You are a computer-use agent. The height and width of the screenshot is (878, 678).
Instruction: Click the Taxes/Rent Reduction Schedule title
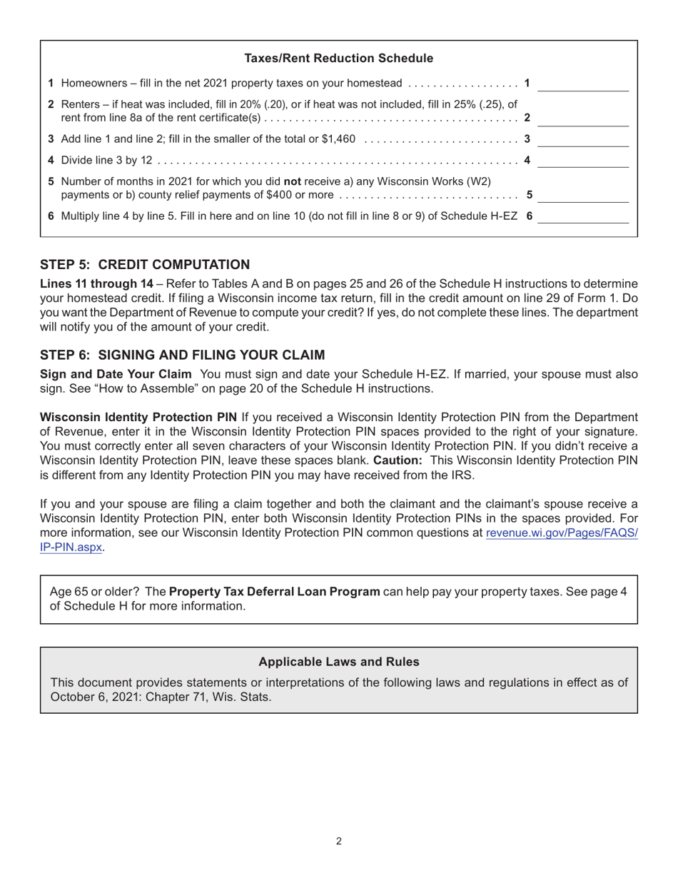coord(338,59)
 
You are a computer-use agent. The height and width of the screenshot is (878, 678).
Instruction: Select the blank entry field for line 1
coord(582,84)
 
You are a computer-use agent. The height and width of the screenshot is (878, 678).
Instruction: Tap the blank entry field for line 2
coord(582,118)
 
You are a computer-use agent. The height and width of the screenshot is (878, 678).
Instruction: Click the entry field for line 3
coord(582,139)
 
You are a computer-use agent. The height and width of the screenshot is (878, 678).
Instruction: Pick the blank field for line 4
coord(582,161)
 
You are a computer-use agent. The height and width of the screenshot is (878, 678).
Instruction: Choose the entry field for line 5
coord(582,195)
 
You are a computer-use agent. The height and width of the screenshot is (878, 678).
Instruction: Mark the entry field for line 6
coord(582,216)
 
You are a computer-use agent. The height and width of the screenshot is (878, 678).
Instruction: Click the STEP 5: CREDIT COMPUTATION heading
coord(145,265)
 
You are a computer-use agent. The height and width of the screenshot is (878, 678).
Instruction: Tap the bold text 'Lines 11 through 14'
coord(96,283)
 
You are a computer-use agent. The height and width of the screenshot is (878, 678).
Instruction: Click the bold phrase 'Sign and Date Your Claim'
coord(116,374)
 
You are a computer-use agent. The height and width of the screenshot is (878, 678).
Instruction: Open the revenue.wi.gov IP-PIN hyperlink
coord(562,533)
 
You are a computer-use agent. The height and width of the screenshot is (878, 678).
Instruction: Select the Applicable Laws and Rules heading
coord(338,662)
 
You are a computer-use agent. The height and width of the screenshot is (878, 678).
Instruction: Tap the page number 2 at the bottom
coord(338,842)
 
